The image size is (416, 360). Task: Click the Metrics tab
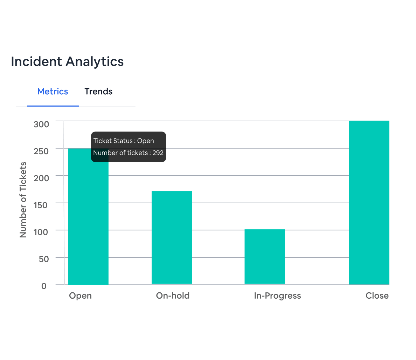[53, 91]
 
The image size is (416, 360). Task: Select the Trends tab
[98, 91]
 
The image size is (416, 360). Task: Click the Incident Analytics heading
[67, 62]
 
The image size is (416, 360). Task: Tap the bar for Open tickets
[88, 224]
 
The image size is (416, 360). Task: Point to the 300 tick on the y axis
[41, 124]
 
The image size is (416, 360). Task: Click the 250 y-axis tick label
[41, 151]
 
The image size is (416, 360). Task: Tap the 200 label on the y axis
[41, 178]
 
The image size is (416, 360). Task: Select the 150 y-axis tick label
[41, 205]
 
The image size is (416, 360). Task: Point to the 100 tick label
[41, 232]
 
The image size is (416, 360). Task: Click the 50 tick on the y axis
[44, 259]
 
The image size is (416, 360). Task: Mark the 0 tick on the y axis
[44, 286]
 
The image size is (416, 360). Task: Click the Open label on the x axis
[80, 296]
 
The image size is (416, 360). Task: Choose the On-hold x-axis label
[173, 296]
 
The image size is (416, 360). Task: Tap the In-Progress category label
[277, 296]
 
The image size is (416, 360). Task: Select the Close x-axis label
[377, 296]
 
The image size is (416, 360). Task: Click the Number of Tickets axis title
[23, 200]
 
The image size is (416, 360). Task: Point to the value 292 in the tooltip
[158, 153]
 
